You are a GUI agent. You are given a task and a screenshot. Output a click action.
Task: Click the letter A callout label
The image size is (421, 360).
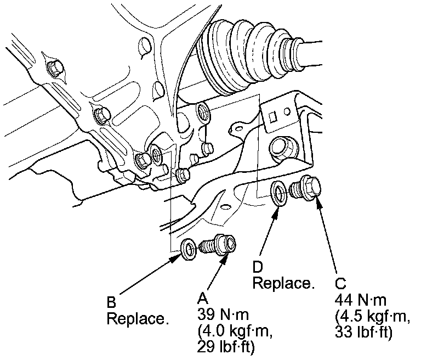[x=202, y=298]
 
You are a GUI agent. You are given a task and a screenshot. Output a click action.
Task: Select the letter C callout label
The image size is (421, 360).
[x=340, y=284]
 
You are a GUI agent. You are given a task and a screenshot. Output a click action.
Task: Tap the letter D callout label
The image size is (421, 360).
[x=258, y=267]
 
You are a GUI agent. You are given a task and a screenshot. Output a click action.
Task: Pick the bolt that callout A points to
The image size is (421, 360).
[x=219, y=244]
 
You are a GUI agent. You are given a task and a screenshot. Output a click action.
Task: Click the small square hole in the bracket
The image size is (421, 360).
[x=276, y=116]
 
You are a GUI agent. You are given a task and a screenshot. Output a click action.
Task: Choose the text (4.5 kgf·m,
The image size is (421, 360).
[x=370, y=317]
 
